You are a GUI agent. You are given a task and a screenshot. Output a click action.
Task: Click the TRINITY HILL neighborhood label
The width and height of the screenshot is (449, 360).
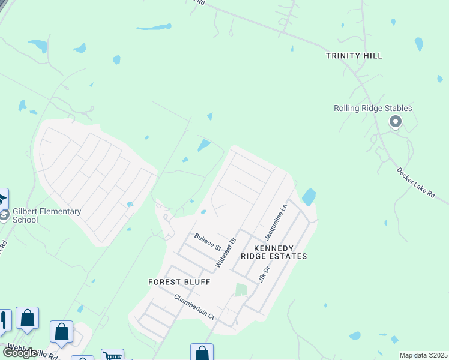[x=354, y=56]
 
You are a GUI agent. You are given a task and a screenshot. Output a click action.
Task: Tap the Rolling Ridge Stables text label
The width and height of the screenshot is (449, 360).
[x=373, y=108]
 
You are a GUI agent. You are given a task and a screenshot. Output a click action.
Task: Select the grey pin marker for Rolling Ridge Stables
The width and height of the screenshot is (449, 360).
[x=395, y=122]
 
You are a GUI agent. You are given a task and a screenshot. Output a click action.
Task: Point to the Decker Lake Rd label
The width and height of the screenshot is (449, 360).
[x=415, y=181]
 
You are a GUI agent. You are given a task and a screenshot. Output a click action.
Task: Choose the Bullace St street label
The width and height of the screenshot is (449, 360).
[x=208, y=242]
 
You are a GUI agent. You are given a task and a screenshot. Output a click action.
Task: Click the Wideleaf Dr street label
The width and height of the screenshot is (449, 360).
[x=226, y=252]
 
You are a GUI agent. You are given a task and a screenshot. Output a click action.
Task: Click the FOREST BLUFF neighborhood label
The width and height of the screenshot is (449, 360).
[x=179, y=281]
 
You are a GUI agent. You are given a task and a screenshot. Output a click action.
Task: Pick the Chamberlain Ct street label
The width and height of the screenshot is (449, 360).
[x=194, y=306]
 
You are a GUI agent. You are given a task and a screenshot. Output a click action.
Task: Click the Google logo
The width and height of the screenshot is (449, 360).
[x=20, y=353]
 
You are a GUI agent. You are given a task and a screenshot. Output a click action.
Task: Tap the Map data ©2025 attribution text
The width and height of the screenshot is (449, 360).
[x=423, y=355]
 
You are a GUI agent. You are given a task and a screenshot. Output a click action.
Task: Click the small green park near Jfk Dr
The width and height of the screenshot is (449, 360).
[x=241, y=290]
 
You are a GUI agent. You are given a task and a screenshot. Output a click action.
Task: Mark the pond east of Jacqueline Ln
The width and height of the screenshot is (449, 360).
[x=309, y=197]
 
